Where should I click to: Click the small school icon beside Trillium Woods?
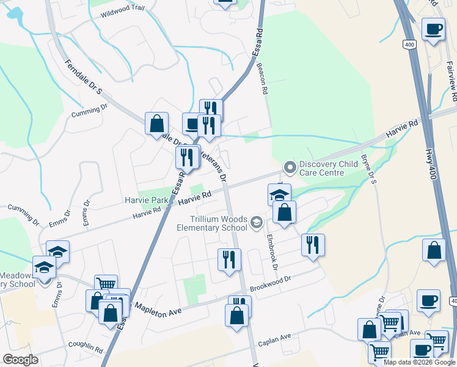point(257,221)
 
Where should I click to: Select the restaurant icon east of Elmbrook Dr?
point(313,245)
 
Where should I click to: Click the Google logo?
point(20,360)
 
